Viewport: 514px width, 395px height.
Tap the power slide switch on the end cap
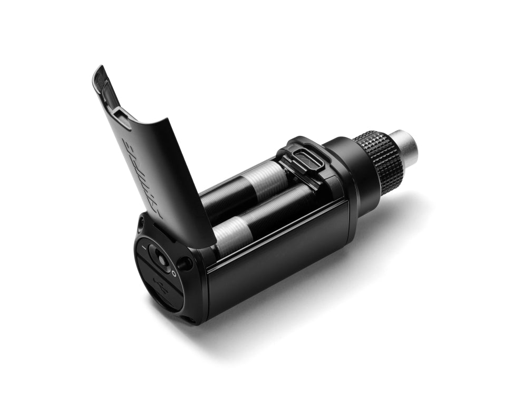tap(159, 256)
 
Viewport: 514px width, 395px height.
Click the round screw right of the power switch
tap(184, 263)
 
